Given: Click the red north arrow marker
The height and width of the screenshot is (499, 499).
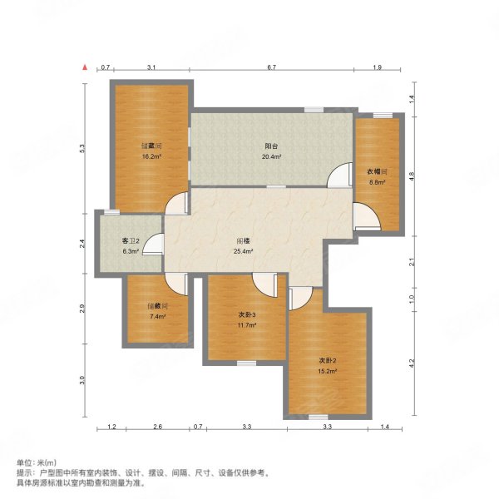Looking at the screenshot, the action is (85, 67).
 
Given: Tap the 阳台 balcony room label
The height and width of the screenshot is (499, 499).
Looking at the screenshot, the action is (271, 146).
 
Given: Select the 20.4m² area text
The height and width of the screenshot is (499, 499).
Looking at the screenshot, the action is (271, 156).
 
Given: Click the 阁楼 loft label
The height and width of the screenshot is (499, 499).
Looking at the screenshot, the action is (243, 241).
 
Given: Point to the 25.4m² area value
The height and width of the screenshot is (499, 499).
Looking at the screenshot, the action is (243, 251).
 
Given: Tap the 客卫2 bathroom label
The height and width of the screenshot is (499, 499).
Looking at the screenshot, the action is (131, 241).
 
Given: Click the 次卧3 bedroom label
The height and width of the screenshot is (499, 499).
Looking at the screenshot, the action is (247, 314).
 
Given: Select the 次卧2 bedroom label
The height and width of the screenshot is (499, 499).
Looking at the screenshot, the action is (328, 361).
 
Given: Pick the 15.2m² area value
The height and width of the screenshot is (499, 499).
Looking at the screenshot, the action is (328, 371).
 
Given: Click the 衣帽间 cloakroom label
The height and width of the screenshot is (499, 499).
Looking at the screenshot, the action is (377, 172).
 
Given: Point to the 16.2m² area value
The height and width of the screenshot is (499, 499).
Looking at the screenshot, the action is (151, 156).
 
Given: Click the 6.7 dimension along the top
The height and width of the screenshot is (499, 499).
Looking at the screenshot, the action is (271, 67).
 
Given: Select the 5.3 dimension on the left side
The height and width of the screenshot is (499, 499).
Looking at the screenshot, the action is (82, 148).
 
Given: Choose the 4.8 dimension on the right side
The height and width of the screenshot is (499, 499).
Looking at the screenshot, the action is (412, 176).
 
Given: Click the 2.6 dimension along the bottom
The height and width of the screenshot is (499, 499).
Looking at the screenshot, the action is (158, 427).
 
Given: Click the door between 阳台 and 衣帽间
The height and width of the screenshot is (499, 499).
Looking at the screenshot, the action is (340, 175).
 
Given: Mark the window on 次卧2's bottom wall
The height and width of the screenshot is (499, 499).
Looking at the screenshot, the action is (319, 417).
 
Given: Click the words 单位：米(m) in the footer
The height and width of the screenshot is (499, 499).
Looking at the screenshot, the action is (37, 462).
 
